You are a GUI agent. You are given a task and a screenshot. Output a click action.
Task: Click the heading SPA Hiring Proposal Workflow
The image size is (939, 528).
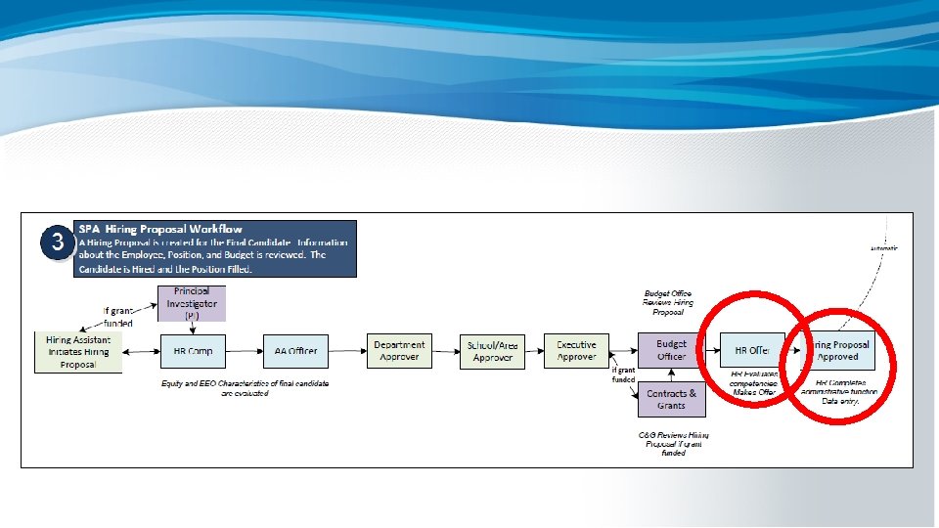pos(160,229)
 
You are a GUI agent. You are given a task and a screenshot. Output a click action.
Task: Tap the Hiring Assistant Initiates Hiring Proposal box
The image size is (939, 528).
pos(78,352)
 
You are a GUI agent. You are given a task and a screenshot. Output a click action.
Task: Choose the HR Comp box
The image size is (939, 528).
pos(193,351)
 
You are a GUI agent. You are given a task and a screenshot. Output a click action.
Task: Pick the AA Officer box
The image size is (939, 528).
pos(295,351)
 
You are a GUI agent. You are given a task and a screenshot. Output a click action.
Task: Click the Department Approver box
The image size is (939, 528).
pos(399,351)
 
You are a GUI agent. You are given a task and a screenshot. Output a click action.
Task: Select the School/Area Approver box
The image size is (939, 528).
pos(493,352)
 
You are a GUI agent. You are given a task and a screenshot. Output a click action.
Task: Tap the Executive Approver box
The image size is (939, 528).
pos(576,351)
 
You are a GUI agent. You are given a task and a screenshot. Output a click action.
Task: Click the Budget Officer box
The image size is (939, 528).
pos(671,350)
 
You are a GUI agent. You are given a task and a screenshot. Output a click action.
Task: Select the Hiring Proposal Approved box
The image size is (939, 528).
pos(838,350)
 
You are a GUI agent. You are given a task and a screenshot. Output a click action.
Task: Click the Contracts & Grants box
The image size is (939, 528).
pos(671,399)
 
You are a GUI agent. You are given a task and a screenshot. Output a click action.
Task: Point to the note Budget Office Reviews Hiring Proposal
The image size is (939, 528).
pos(669,302)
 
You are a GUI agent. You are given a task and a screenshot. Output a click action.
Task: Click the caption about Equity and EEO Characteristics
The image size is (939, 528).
pos(245,388)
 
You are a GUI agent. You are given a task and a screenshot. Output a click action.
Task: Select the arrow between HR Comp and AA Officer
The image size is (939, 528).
pos(244,351)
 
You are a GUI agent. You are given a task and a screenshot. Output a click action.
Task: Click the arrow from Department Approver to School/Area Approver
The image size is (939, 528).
pos(445,351)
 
